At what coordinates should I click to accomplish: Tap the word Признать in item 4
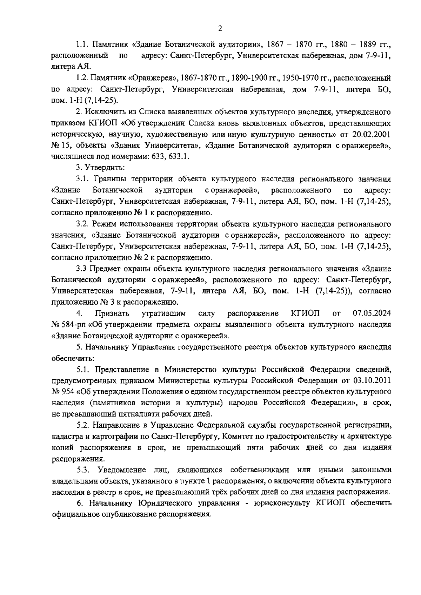[112, 313]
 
